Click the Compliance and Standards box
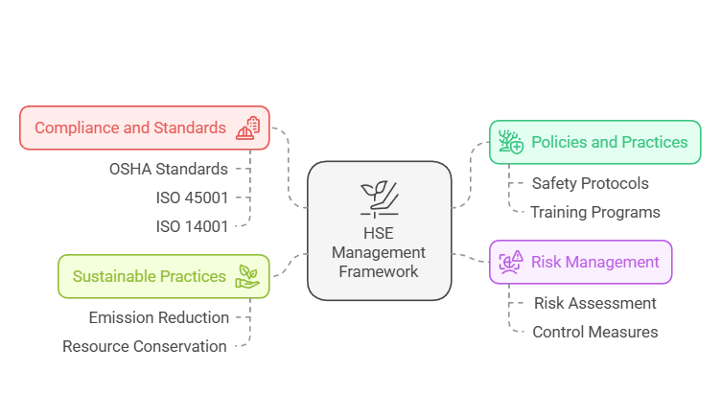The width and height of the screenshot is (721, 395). click(x=144, y=128)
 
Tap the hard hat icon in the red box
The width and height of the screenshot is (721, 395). click(x=248, y=128)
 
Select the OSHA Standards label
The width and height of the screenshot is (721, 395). click(x=169, y=169)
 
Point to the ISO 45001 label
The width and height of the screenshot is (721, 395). click(x=192, y=197)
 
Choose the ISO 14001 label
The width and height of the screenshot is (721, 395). click(x=192, y=226)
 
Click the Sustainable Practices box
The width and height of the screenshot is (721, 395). click(x=163, y=276)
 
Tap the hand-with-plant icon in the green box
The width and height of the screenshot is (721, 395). click(x=247, y=276)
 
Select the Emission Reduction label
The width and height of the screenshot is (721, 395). click(x=159, y=317)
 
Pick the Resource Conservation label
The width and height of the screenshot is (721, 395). click(x=145, y=346)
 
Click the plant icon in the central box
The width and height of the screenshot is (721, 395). click(x=379, y=197)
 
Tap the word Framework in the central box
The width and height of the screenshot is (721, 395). click(x=379, y=271)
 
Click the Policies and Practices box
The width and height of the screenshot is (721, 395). click(x=594, y=142)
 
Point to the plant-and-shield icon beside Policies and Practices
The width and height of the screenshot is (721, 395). click(x=510, y=142)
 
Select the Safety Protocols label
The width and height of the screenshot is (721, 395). click(x=590, y=183)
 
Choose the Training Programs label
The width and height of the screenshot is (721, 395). click(x=595, y=212)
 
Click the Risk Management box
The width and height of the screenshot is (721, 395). click(x=581, y=262)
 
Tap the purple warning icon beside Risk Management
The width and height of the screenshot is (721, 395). click(x=511, y=262)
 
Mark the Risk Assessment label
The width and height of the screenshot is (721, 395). click(x=594, y=303)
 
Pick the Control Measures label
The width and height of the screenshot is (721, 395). click(x=594, y=332)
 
